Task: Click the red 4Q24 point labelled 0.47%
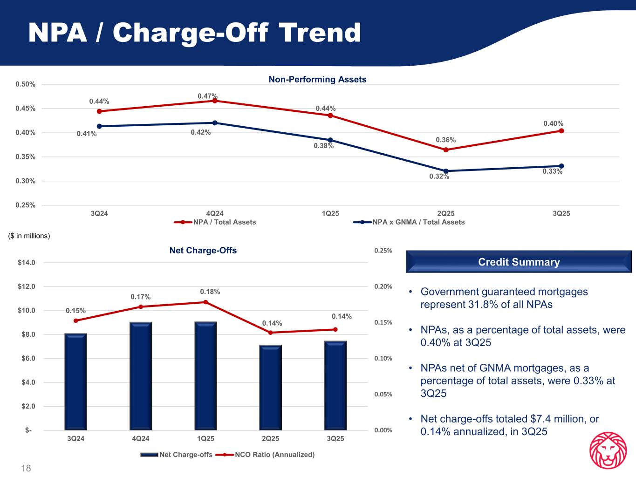click(215, 101)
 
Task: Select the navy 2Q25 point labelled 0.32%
click(446, 171)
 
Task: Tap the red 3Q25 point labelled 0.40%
click(561, 131)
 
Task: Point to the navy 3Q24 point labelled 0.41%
click(99, 126)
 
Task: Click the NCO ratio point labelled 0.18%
click(205, 302)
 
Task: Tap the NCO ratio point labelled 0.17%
click(141, 307)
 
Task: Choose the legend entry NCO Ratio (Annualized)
click(274, 455)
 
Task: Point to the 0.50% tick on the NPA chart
click(26, 84)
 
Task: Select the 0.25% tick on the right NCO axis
click(383, 251)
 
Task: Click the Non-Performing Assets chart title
click(317, 80)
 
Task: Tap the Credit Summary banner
click(519, 262)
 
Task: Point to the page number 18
click(26, 468)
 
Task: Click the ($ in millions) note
click(29, 236)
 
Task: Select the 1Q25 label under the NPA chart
click(330, 214)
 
